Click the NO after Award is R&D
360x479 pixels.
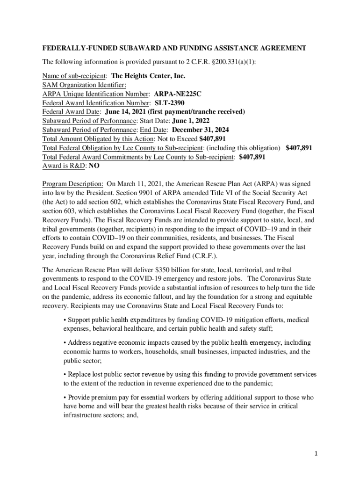pyautogui.click(x=94, y=166)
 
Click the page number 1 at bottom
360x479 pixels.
pyautogui.click(x=316, y=454)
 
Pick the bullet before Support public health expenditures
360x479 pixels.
pyautogui.click(x=65, y=320)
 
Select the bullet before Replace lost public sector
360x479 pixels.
pyautogui.click(x=65, y=375)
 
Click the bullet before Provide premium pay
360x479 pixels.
pyautogui.click(x=65, y=397)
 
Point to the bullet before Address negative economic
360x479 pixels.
pyautogui.click(x=65, y=343)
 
